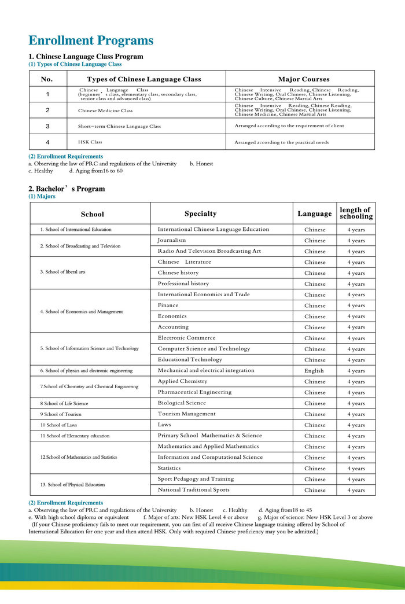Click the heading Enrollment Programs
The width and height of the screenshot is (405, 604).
click(x=91, y=40)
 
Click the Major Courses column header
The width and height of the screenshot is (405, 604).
click(x=304, y=79)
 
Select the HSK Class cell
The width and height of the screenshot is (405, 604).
click(x=90, y=142)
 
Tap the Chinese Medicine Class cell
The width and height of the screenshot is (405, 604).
click(x=105, y=111)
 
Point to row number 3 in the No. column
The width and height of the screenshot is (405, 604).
click(x=47, y=126)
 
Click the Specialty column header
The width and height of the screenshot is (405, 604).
click(x=200, y=213)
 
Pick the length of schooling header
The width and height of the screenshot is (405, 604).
click(x=356, y=213)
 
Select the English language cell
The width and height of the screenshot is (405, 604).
click(x=314, y=371)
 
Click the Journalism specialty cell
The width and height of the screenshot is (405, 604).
click(x=172, y=240)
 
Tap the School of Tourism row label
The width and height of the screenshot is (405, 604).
click(x=61, y=414)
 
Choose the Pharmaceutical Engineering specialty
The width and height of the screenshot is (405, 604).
click(x=194, y=392)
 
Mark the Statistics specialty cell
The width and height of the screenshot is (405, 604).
click(x=169, y=468)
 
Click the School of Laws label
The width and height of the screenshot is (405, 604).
click(x=59, y=425)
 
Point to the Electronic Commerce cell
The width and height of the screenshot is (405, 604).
click(x=186, y=338)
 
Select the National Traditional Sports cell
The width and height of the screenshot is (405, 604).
click(x=193, y=490)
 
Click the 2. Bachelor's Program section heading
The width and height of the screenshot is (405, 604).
click(x=67, y=189)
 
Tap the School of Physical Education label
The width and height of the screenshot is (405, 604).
click(x=72, y=484)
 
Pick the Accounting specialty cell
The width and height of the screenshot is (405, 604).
click(x=173, y=327)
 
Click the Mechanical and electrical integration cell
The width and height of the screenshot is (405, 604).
click(x=206, y=370)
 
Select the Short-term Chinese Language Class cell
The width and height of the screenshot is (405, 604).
click(x=119, y=126)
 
